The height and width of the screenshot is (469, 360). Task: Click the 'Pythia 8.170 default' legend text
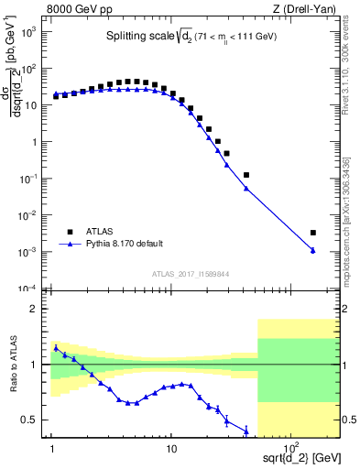(x=124, y=244)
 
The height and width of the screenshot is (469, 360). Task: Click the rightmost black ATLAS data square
(x=313, y=233)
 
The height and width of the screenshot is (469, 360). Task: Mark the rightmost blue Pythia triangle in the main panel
(x=313, y=251)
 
